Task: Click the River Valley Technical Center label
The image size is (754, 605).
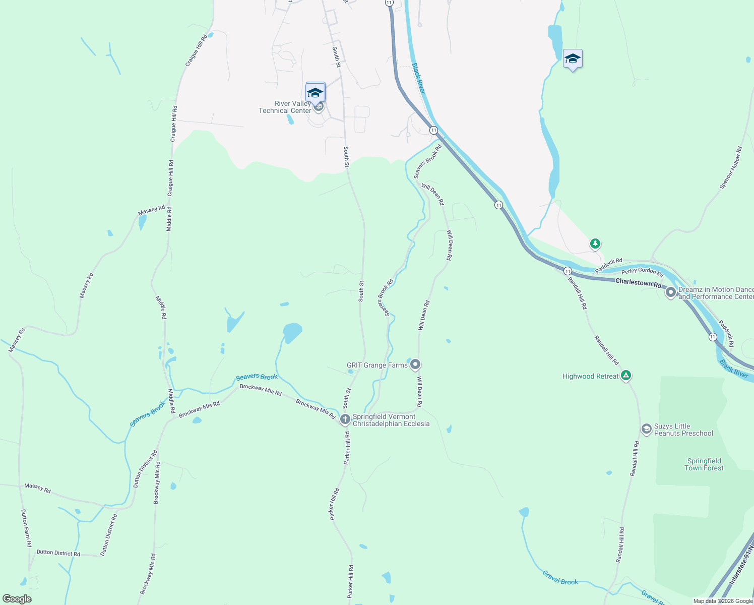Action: tap(285, 107)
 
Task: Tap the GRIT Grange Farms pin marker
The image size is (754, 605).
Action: tap(415, 364)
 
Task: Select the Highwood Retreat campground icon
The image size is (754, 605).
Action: tap(625, 376)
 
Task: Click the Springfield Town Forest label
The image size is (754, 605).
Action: tap(704, 464)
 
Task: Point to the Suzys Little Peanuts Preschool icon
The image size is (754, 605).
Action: tap(646, 429)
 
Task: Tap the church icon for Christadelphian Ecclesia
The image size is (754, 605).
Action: tap(345, 419)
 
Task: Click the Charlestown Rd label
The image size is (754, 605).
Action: tap(638, 283)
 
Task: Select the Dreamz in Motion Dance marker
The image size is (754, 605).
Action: tap(671, 292)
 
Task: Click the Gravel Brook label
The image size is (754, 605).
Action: tap(560, 578)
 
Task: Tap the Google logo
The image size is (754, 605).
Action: tap(17, 599)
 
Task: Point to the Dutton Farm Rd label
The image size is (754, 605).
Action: tap(26, 528)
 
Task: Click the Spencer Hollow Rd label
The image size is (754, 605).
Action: tap(731, 168)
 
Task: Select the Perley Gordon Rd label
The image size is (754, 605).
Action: tap(642, 272)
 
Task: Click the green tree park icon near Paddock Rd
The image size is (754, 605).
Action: tap(595, 244)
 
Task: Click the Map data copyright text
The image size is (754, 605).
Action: tap(723, 601)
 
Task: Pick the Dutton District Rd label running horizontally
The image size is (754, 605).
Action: tap(58, 553)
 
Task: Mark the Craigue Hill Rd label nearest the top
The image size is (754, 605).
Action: tap(197, 50)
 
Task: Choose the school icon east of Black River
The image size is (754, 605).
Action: tap(573, 59)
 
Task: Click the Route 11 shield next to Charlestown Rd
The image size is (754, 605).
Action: tap(568, 271)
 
